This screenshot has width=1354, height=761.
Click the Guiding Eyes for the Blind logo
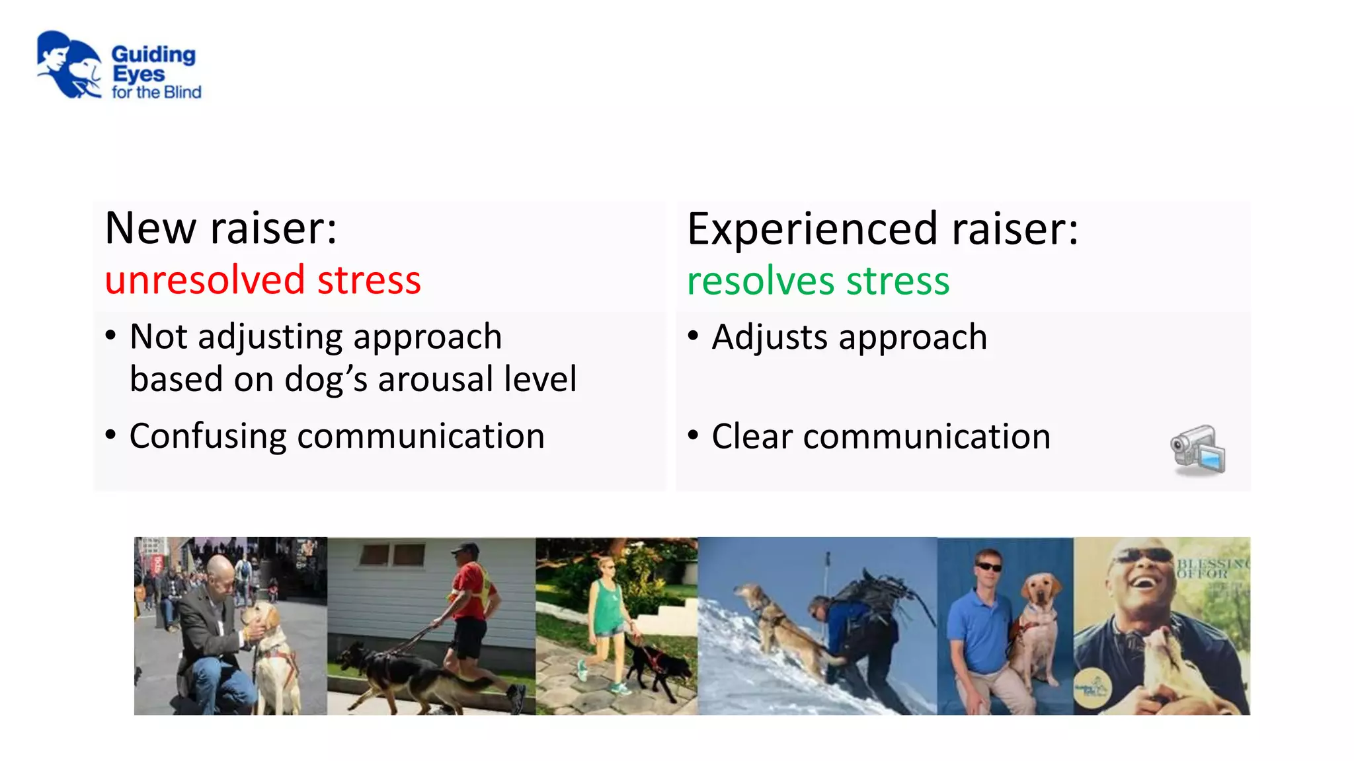click(118, 66)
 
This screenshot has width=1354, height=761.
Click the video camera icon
click(1198, 450)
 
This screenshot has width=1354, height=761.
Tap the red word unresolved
click(204, 280)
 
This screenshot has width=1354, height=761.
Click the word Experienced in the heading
click(812, 229)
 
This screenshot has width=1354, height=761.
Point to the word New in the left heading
click(151, 229)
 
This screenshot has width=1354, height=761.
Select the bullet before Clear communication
click(693, 435)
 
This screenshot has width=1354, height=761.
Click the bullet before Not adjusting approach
click(111, 336)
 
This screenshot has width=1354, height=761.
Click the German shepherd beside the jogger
click(403, 674)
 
